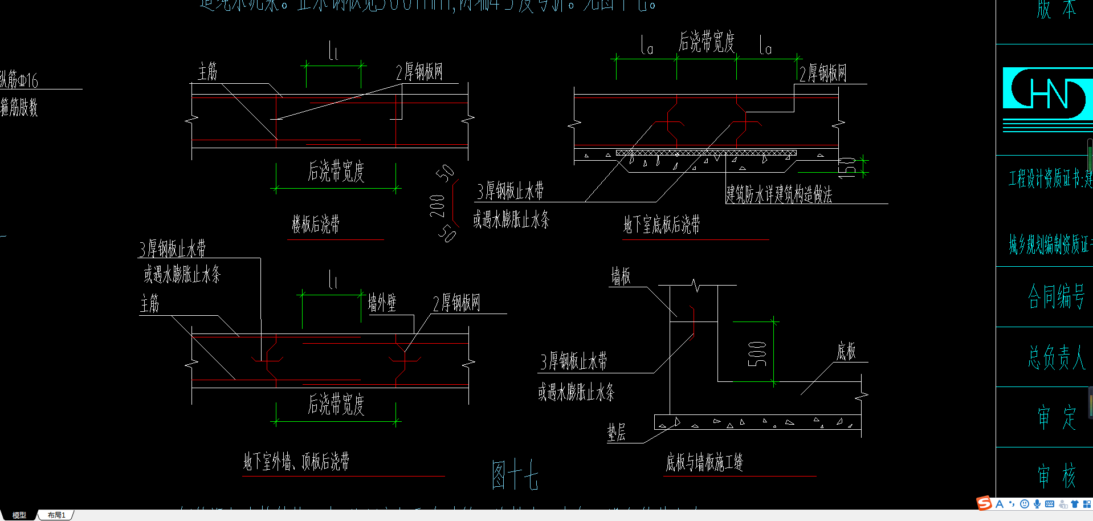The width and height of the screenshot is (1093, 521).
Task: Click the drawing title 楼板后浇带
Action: pos(316,224)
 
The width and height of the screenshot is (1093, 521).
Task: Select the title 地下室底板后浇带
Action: pos(662,225)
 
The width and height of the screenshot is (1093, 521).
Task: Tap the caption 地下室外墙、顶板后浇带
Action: pos(296,461)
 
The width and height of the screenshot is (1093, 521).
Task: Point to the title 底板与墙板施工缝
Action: pos(704,462)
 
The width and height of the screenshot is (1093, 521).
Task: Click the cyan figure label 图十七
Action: pos(515,475)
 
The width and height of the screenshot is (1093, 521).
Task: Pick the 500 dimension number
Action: pos(757,354)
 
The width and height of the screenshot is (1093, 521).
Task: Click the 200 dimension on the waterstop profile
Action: pos(437,206)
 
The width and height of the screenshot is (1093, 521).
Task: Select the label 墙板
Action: pos(621,276)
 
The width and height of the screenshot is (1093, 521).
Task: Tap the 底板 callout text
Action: pos(846,352)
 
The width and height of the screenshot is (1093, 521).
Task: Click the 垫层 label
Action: pos(616,433)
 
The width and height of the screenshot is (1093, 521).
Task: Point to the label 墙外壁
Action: pos(382,303)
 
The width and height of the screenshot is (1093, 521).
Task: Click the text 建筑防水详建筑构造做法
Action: pos(778,194)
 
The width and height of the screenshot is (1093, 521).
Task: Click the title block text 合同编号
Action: pos(1055,297)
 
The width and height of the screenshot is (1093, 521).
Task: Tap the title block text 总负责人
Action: pos(1056,357)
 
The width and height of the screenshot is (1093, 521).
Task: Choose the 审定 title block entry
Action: pos(1056,417)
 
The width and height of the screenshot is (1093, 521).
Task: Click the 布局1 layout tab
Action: pos(56,515)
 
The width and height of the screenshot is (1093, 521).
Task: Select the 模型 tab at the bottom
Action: pos(19,515)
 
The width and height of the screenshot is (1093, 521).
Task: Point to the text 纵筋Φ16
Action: pos(19,80)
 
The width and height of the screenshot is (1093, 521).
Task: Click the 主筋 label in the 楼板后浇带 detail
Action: pos(207,72)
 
